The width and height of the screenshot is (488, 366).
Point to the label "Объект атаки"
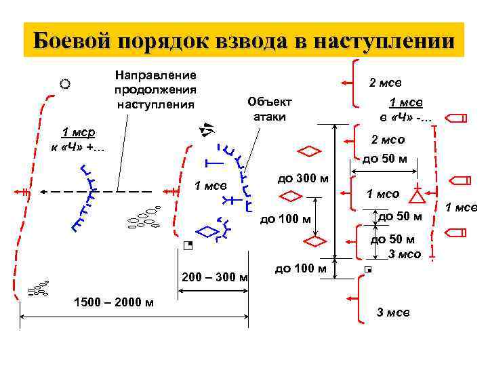270,108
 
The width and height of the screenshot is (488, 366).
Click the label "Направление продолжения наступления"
155,89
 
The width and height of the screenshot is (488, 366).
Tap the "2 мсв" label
385,82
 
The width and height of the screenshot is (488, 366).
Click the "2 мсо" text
388,140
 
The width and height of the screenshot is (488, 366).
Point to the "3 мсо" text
405,254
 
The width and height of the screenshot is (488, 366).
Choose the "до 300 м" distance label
304,179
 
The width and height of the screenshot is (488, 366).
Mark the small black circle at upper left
64,84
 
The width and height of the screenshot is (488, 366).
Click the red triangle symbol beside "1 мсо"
418,196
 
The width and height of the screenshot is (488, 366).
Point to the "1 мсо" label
383,195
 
